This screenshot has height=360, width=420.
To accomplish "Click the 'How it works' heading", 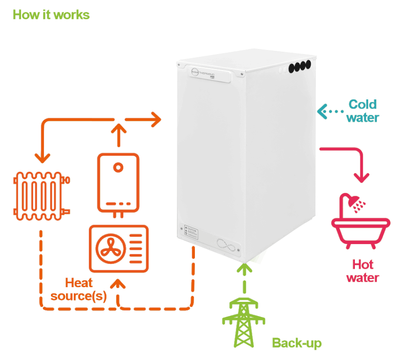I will click(x=51, y=15).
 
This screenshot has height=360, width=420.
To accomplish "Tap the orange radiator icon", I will click(x=40, y=194).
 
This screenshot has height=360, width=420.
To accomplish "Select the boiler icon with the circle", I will click(x=118, y=182).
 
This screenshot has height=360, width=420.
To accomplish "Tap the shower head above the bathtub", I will click(x=352, y=202).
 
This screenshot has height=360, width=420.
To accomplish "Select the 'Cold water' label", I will click(x=363, y=111).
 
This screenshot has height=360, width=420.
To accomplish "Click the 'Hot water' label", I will click(x=363, y=271).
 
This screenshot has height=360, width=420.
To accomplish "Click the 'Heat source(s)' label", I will click(x=78, y=289).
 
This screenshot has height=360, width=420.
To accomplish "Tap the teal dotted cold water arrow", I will click(x=330, y=111).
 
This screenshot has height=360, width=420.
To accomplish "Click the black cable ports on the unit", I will click(x=299, y=66).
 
